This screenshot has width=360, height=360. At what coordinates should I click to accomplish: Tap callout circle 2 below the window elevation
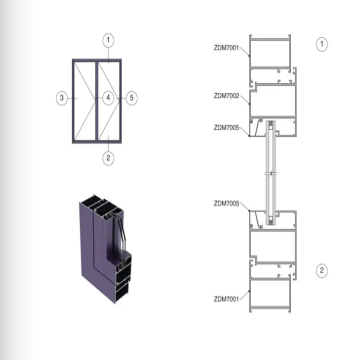108,158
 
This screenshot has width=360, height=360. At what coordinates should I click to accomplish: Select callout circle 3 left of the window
63,98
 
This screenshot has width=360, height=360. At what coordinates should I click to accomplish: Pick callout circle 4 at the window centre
107,98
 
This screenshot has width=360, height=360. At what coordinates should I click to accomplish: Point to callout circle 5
130,98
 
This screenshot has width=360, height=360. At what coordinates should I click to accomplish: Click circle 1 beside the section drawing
321,44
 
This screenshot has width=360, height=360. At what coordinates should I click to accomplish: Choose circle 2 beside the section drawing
321,270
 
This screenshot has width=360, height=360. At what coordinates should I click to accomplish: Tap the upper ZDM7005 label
226,127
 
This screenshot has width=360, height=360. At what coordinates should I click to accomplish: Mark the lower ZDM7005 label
226,203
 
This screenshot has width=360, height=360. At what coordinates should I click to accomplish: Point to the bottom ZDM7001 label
226,298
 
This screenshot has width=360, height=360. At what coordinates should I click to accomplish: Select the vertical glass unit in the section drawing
270,173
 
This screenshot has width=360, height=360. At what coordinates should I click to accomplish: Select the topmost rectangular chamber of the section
270,53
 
